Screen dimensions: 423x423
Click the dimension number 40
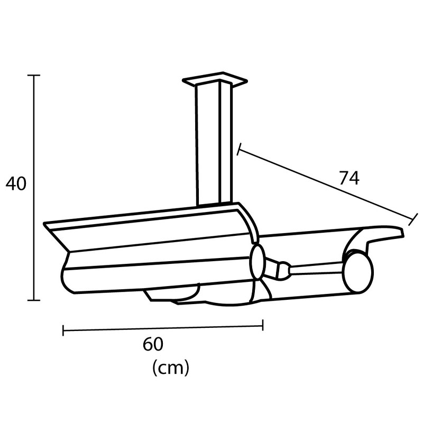pyautogui.click(x=16, y=183)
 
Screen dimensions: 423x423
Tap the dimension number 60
pyautogui.click(x=153, y=344)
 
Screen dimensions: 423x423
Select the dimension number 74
pyautogui.click(x=349, y=179)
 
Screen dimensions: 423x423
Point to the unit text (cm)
pyautogui.click(x=170, y=367)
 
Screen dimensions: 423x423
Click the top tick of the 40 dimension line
pyautogui.click(x=34, y=76)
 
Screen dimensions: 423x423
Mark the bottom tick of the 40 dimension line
pyautogui.click(x=34, y=300)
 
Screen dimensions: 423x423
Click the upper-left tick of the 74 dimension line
pyautogui.click(x=240, y=150)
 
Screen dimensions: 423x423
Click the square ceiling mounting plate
pyautogui.click(x=215, y=81)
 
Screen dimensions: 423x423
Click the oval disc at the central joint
pyautogui.click(x=258, y=262)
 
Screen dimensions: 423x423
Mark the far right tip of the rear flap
pyautogui.click(x=403, y=232)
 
